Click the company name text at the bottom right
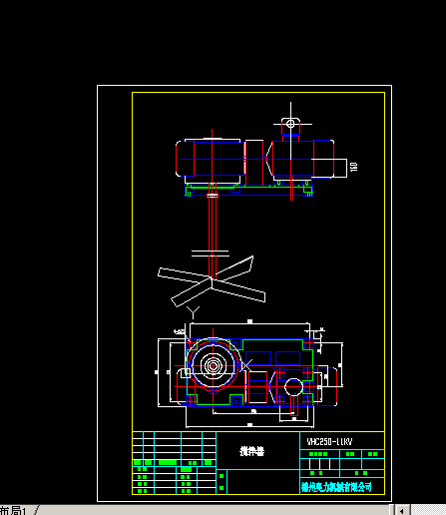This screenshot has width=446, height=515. [336, 486]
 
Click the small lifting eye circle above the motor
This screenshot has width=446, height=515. [290, 124]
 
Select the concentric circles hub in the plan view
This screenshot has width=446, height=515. [213, 366]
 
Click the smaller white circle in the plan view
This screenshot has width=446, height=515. [293, 386]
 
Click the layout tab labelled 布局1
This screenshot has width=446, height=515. [14, 509]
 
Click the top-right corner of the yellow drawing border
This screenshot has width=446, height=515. [384, 93]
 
